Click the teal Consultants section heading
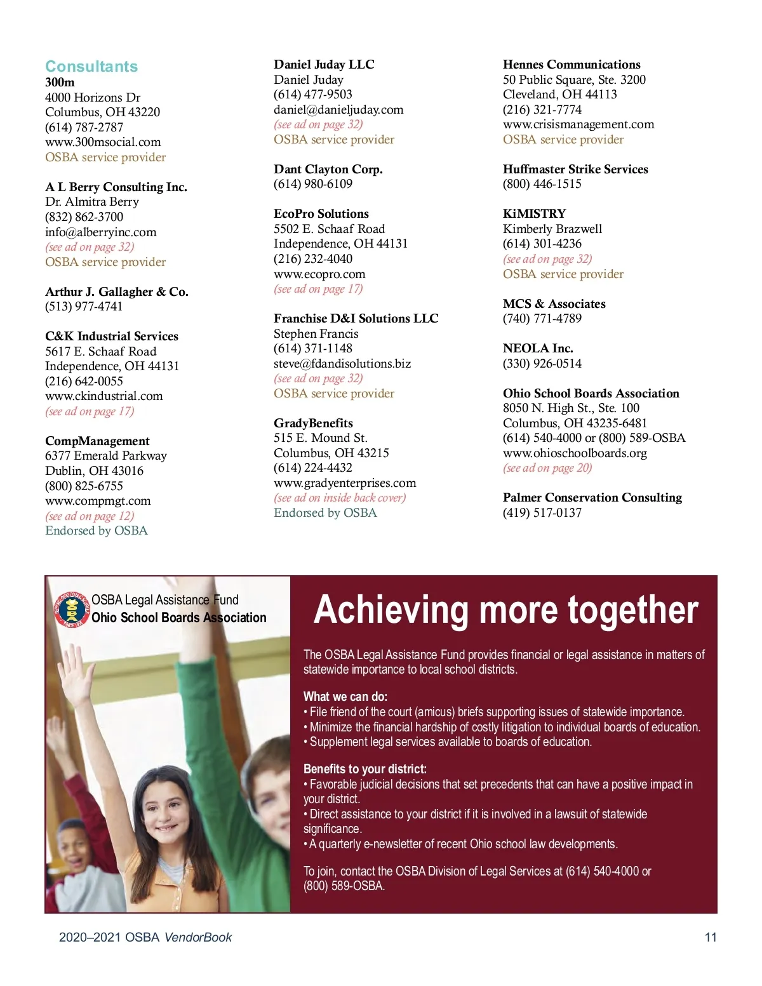click(91, 67)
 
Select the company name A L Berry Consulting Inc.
click(116, 187)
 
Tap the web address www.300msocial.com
click(103, 142)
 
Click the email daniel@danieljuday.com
click(338, 109)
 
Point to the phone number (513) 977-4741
click(84, 307)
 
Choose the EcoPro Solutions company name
click(321, 214)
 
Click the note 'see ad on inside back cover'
click(340, 498)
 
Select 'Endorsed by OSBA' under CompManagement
click(97, 531)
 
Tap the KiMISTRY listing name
click(534, 214)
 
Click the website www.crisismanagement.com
click(578, 124)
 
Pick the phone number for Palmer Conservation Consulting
click(542, 513)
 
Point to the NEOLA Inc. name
click(538, 349)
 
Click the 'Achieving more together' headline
click(506, 610)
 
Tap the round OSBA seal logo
click(72, 610)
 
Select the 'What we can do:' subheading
click(345, 696)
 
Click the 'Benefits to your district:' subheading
click(365, 769)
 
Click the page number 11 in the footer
click(711, 937)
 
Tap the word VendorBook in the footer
click(198, 937)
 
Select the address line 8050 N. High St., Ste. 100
click(571, 408)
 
